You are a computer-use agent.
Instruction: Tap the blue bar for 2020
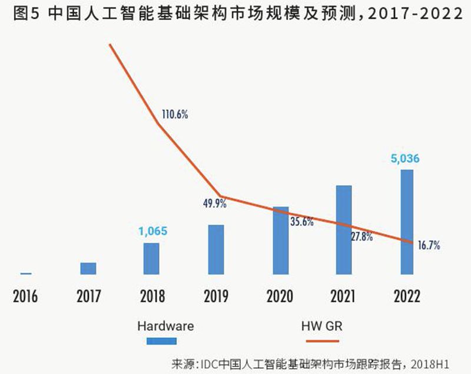click(281, 241)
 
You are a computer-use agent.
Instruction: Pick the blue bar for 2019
click(216, 249)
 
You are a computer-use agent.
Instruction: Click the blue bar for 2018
click(152, 258)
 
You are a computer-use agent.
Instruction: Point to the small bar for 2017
click(88, 268)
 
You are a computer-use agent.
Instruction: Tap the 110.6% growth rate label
click(174, 114)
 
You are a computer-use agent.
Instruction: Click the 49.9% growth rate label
click(215, 204)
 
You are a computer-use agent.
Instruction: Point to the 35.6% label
click(301, 222)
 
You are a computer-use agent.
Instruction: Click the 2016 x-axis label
click(25, 295)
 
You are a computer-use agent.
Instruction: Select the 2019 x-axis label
click(216, 295)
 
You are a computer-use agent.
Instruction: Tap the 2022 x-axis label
click(406, 295)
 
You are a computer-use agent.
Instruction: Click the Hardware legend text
click(165, 325)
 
